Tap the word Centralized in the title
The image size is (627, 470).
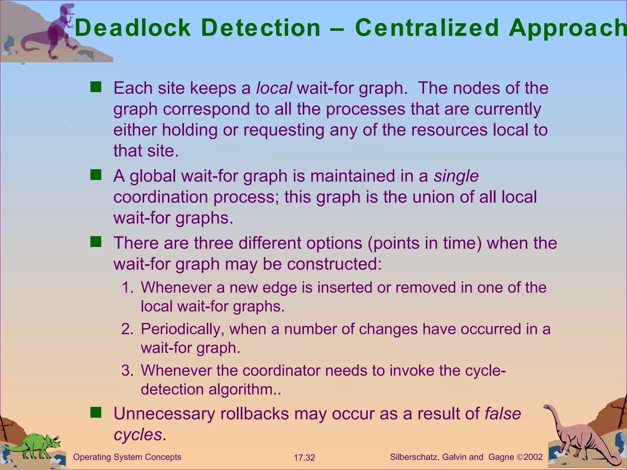tap(427, 28)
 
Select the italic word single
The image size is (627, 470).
tap(456, 176)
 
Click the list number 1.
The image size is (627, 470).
tap(126, 288)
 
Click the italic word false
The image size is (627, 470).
tap(503, 414)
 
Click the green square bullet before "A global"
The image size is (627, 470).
tap(96, 175)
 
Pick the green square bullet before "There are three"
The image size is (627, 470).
tap(96, 242)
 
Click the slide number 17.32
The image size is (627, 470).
tap(304, 458)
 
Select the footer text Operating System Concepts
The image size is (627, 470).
tap(127, 457)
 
